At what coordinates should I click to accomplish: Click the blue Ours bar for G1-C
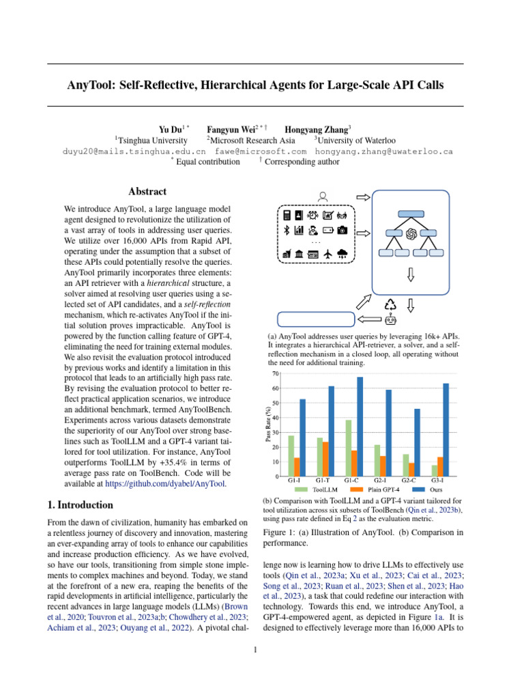(x=360, y=427)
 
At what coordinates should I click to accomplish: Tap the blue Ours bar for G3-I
(x=446, y=430)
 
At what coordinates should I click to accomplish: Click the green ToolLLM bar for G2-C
(x=406, y=465)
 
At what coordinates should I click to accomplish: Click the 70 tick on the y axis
(x=275, y=373)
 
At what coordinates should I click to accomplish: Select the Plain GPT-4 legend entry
(x=373, y=489)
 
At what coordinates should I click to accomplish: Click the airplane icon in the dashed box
(x=328, y=254)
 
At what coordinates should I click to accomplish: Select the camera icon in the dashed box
(x=343, y=229)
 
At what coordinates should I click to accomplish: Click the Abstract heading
(x=147, y=192)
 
